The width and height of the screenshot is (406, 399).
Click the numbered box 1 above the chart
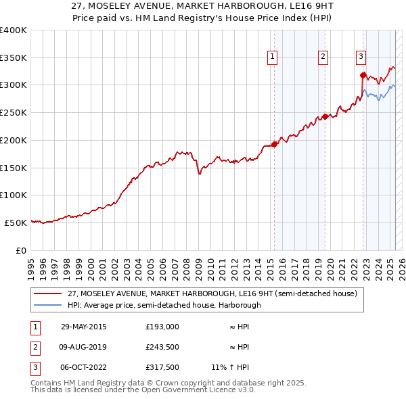(272, 57)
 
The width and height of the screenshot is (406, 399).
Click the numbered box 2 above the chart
(323, 57)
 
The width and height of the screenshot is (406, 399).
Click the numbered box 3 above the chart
(361, 57)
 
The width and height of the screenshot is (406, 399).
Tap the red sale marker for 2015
(274, 144)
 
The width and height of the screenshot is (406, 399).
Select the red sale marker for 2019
(325, 116)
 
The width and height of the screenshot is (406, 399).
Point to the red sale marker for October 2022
(363, 75)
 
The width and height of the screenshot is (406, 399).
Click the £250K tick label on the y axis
(14, 112)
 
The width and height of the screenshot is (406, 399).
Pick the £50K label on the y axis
(16, 222)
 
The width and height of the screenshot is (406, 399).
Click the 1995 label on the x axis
(31, 264)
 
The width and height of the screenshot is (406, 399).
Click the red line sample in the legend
(47, 294)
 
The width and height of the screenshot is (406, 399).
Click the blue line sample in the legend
(47, 305)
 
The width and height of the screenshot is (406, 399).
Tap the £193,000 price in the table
(162, 327)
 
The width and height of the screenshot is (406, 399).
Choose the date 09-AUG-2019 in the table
(84, 347)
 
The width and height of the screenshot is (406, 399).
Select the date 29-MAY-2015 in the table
(84, 327)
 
